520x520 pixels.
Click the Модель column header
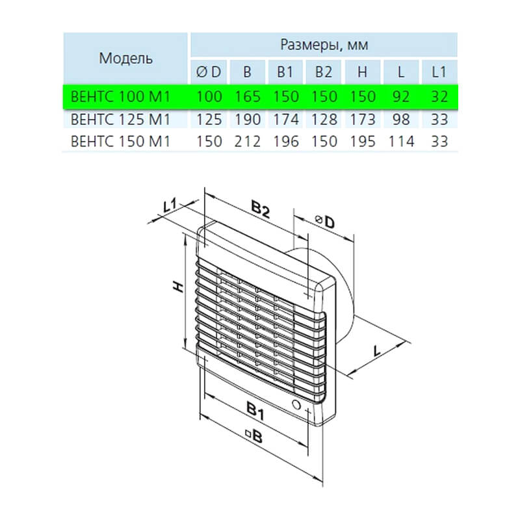[125, 58]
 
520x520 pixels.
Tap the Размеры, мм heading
[324, 44]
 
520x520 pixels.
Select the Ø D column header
[209, 72]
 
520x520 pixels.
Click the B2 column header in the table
[323, 72]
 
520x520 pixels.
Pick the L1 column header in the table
[439, 72]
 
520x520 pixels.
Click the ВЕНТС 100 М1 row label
[120, 96]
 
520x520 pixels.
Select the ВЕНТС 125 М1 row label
[120, 120]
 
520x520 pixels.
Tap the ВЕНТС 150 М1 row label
[120, 142]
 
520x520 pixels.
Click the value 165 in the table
[248, 96]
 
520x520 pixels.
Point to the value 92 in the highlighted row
[400, 96]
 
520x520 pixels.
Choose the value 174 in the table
[285, 120]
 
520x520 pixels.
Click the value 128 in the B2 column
[324, 120]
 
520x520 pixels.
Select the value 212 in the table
[248, 142]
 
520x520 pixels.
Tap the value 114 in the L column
[401, 142]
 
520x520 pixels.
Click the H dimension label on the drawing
[179, 287]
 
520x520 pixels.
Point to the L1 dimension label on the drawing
[170, 205]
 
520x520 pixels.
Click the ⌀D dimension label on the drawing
[324, 222]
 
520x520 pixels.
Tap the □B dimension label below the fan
[253, 435]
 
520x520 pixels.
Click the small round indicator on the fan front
[296, 405]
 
